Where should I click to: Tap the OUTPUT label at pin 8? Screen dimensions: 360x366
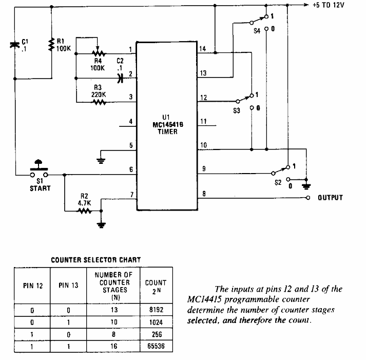[330, 197]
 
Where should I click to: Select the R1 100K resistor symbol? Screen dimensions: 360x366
[51, 45]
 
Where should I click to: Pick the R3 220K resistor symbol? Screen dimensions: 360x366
[99, 102]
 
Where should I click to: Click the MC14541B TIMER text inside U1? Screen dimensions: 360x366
[165, 127]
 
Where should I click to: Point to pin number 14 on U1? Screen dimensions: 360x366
[203, 49]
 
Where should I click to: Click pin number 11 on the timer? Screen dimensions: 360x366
[203, 121]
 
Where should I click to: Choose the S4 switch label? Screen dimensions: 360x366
[257, 30]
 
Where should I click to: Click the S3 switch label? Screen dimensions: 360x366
[237, 110]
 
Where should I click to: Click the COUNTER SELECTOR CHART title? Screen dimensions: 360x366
[95, 260]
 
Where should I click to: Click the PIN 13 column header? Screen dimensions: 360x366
[68, 286]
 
